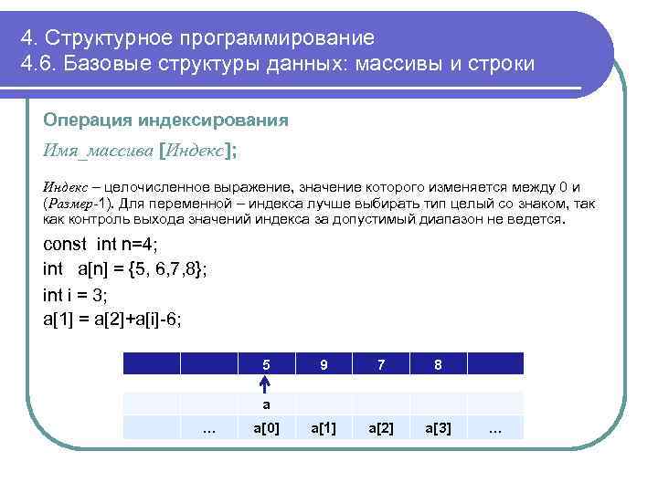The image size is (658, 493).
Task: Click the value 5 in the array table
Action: (x=266, y=364)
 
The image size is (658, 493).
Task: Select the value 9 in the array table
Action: (x=324, y=364)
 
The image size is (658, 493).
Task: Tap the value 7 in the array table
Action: (x=381, y=364)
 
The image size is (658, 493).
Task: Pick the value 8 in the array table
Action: (x=439, y=364)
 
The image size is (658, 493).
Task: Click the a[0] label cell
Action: (x=266, y=428)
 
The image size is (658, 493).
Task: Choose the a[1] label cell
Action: (x=324, y=428)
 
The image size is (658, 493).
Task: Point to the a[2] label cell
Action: (x=381, y=428)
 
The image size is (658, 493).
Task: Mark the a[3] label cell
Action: (x=439, y=428)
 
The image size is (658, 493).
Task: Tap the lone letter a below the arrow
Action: (x=266, y=404)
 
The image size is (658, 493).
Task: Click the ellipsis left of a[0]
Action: (x=208, y=428)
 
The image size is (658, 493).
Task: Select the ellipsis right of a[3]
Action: (x=495, y=428)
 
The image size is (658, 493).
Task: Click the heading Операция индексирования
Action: (x=165, y=121)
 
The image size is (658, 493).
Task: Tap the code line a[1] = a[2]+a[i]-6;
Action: (x=112, y=319)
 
